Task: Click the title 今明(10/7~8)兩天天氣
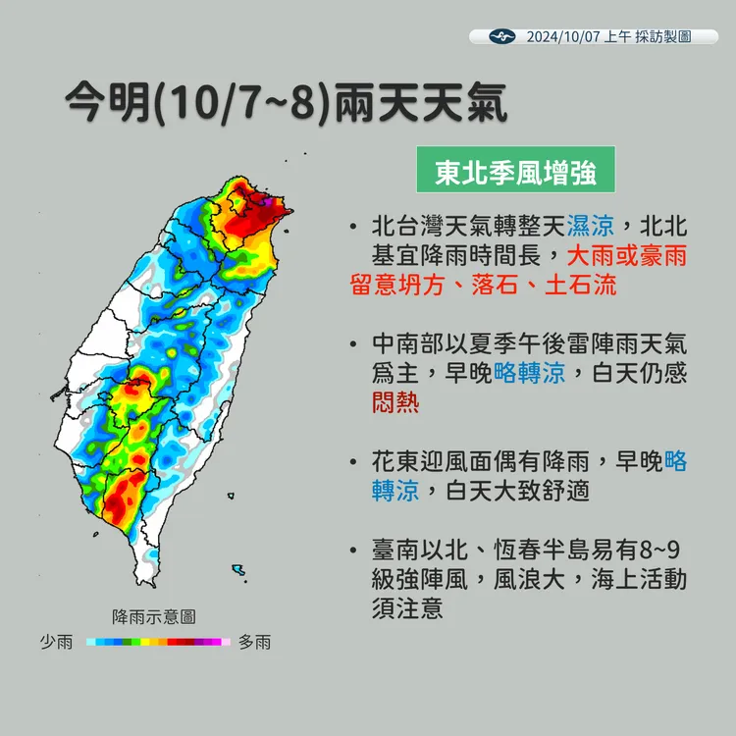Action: coord(285,102)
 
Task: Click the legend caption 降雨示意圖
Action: coord(154,616)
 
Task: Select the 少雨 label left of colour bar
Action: coord(56,642)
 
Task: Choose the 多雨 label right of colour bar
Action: coord(254,642)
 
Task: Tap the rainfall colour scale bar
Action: coord(157,642)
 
